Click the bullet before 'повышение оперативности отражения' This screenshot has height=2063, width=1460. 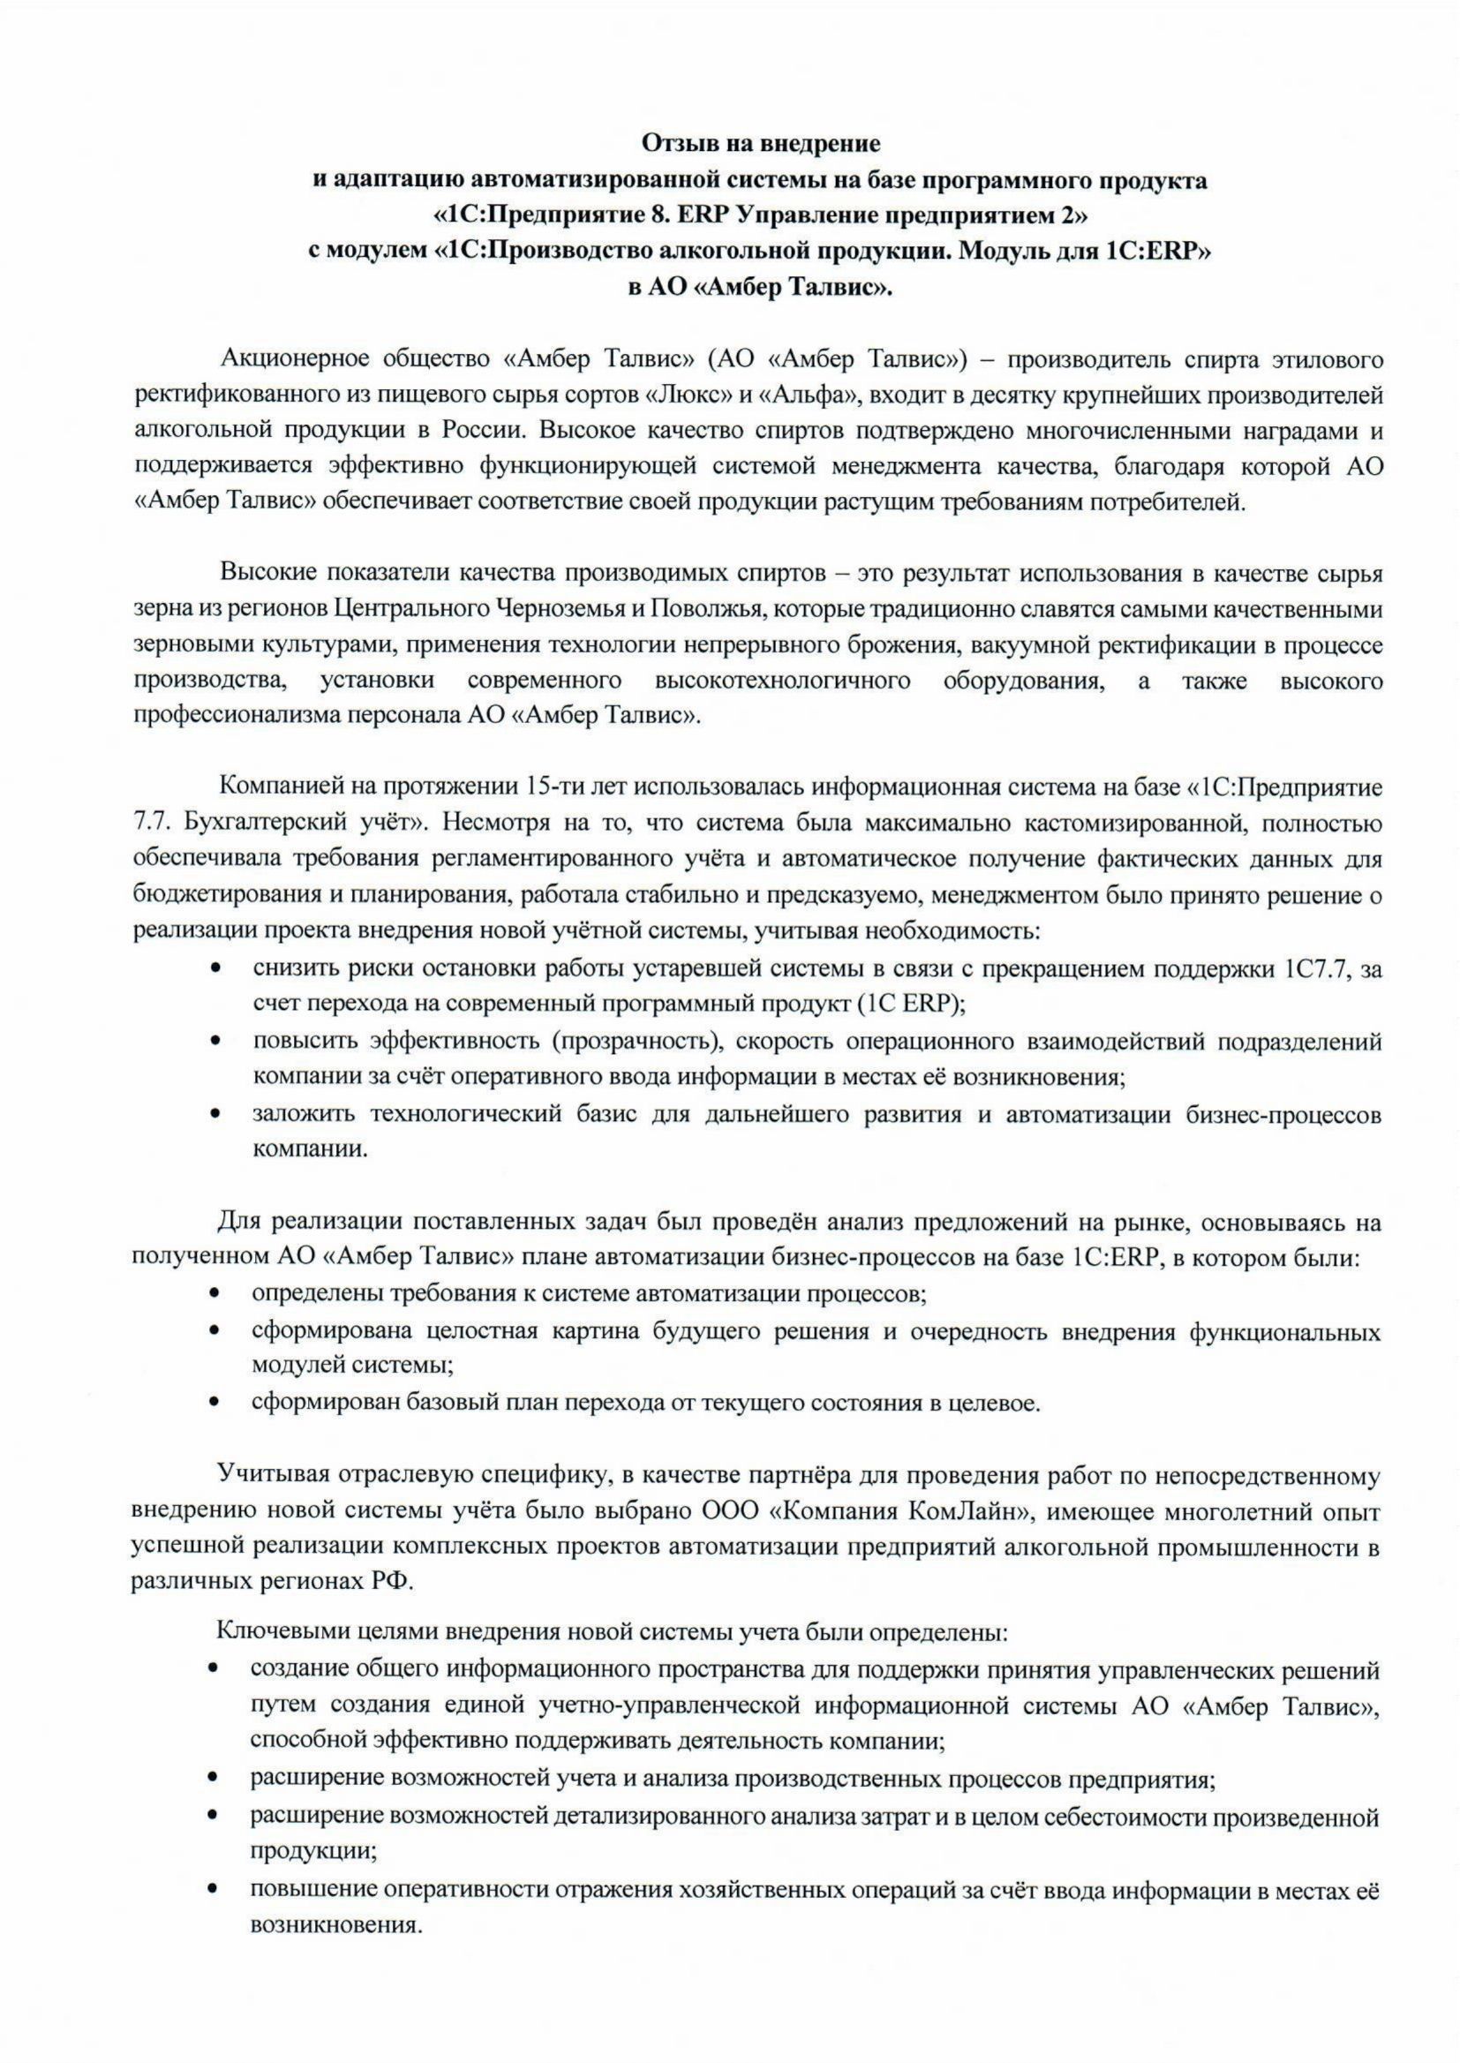[214, 1887]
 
